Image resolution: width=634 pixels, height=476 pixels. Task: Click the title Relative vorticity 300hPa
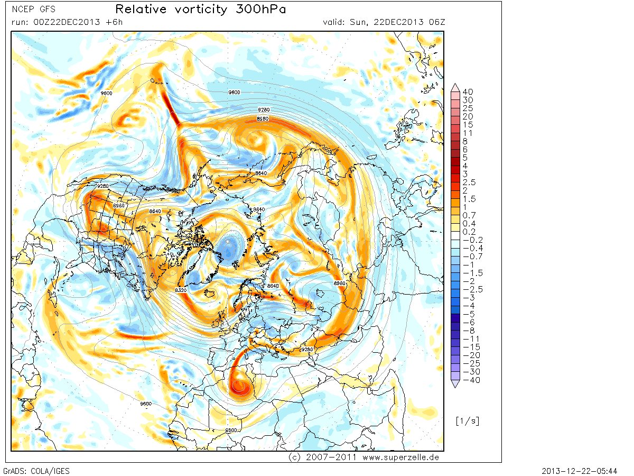[x=201, y=10]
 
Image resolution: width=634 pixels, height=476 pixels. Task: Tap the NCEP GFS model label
[x=33, y=9]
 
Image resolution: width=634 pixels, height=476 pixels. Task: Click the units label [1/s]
[x=467, y=421]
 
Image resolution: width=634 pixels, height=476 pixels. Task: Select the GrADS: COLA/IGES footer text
[x=36, y=470]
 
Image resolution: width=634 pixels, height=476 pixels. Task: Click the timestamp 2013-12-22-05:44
[x=587, y=470]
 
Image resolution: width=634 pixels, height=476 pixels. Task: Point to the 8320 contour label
[x=181, y=290]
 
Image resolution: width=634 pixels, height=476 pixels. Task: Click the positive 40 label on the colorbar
[x=468, y=91]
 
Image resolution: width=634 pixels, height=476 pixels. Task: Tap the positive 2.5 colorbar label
[x=469, y=182]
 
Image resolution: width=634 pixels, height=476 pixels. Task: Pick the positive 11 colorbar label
[x=467, y=133]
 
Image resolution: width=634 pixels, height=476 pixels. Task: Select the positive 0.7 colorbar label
[x=469, y=215]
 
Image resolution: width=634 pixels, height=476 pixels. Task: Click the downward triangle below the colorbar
[x=455, y=385]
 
